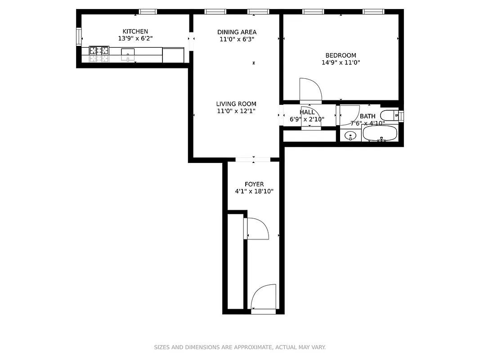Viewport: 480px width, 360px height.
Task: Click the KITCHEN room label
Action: coord(135,31)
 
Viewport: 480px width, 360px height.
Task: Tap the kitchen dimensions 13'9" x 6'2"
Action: coord(135,39)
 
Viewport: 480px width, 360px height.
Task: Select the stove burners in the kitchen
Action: coord(99,54)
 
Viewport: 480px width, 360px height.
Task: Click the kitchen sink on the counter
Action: coord(128,54)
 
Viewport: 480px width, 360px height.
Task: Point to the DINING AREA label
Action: coord(237,32)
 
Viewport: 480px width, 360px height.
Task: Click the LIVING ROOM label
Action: coord(236,104)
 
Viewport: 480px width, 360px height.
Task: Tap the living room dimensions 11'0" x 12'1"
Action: coord(236,111)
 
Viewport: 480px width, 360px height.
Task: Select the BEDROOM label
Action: coord(341,55)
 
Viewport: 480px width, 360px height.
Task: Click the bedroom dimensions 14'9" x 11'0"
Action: coord(341,63)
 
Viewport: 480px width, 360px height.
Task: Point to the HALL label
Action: coord(307,112)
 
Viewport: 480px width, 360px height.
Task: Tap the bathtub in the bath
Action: coord(380,133)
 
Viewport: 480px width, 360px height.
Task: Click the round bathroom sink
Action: coord(350,135)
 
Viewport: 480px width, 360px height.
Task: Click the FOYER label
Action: coord(254,184)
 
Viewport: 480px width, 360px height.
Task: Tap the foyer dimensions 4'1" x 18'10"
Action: coord(254,191)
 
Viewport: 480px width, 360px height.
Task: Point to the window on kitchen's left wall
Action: coord(79,36)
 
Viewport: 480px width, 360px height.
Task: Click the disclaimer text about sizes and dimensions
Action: coord(240,347)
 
